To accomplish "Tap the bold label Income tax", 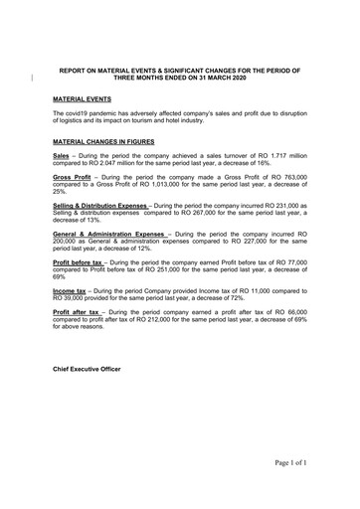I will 70,285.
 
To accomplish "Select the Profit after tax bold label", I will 76,311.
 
